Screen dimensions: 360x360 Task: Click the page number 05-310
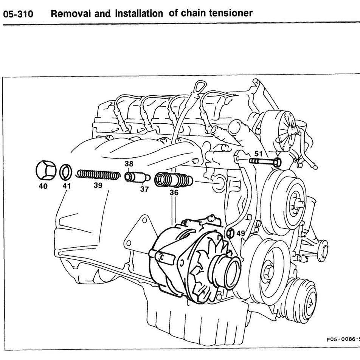tap(18, 14)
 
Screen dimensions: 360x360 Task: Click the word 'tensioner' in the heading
tap(231, 13)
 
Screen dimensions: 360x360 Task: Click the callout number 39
tap(98, 185)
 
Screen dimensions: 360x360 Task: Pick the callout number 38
tap(129, 164)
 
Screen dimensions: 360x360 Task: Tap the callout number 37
tap(144, 189)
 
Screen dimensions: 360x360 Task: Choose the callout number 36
tap(174, 192)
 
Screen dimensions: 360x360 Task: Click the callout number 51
tap(259, 154)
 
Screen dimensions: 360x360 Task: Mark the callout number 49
tap(241, 233)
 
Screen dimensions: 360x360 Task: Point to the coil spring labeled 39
tap(98, 175)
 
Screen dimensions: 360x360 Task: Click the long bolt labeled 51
tap(265, 162)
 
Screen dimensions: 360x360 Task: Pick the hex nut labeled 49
tap(231, 233)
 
